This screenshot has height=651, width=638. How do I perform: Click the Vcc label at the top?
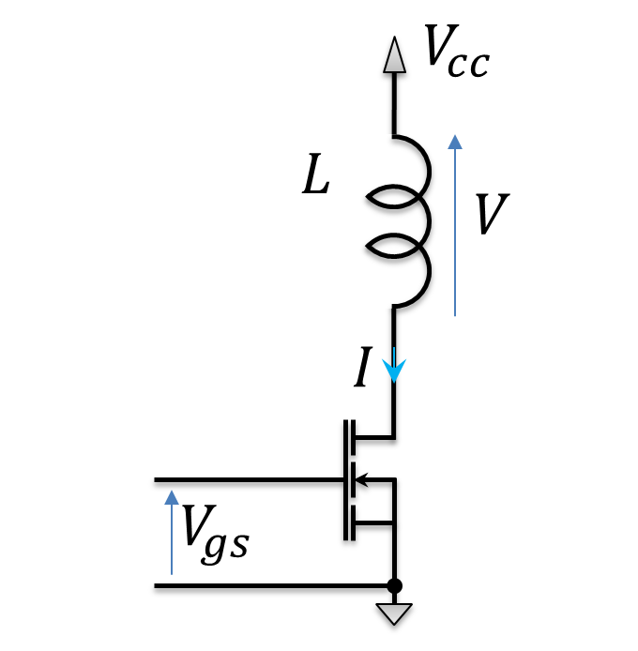coord(455,54)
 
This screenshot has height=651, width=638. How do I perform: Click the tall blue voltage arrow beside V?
coord(455,225)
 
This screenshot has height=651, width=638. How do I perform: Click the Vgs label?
coord(215,533)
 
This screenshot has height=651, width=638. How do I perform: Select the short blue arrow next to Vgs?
coord(172,530)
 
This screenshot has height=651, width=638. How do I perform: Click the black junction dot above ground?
coord(395,587)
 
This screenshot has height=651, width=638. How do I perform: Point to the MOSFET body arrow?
coord(368,480)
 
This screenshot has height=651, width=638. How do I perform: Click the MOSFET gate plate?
coord(345,480)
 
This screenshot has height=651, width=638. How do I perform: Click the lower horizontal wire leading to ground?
coord(272,587)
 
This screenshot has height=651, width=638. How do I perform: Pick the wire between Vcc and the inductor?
coord(395,103)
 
